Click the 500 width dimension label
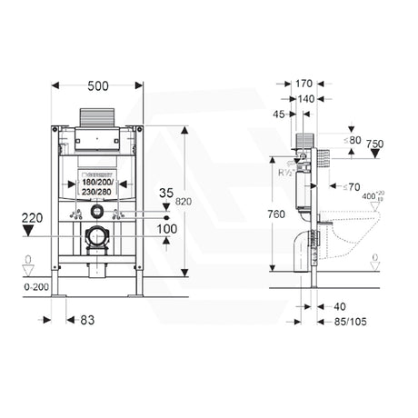(x=96, y=85)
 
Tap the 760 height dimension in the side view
(x=279, y=214)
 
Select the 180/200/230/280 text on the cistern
(x=95, y=186)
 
